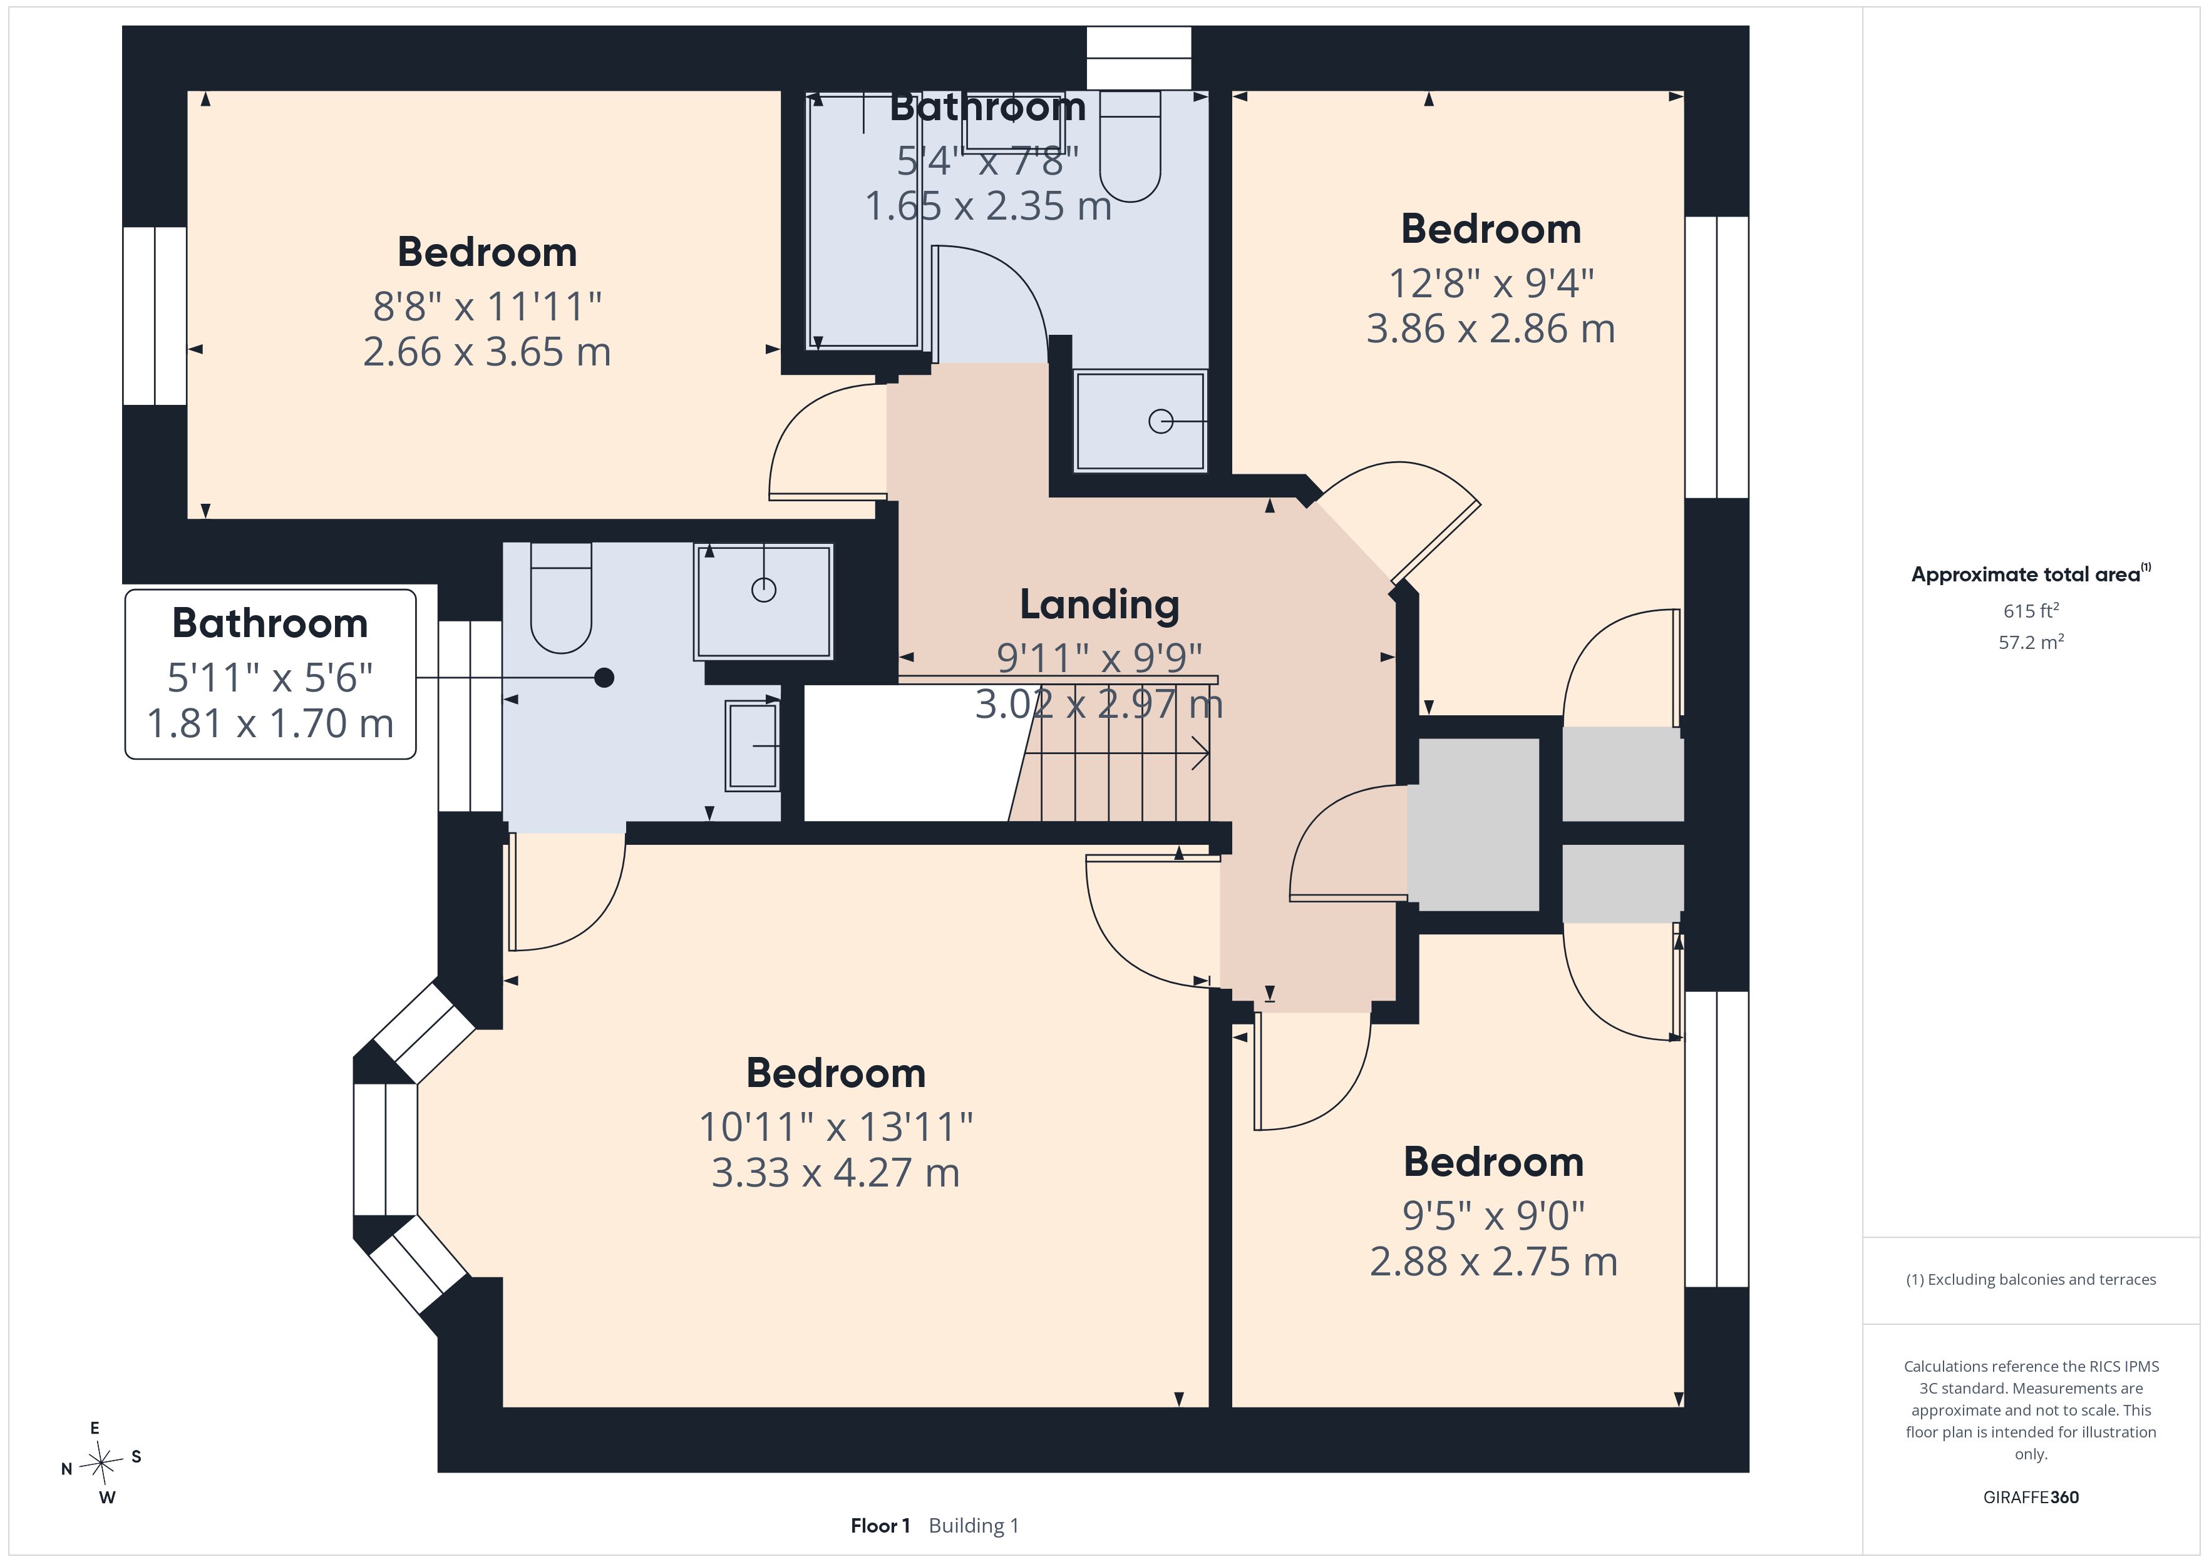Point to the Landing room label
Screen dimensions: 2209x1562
click(1099, 606)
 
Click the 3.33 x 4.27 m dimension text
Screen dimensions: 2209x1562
click(835, 1173)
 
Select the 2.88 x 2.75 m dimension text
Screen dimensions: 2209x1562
click(1493, 1261)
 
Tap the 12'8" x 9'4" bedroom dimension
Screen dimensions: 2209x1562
click(1491, 283)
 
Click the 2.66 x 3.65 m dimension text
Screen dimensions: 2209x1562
click(487, 352)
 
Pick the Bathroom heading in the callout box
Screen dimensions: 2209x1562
click(270, 623)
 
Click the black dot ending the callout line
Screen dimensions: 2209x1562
click(604, 678)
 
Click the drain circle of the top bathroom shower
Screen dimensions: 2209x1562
click(1161, 421)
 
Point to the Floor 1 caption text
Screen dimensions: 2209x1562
click(879, 1526)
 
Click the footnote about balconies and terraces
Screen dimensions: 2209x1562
click(2031, 1279)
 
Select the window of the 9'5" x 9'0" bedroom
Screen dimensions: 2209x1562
click(1717, 1139)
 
